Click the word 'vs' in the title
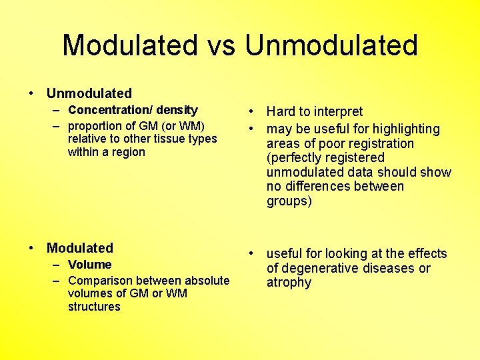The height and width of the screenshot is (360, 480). [221, 45]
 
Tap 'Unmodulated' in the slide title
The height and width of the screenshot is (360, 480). [331, 45]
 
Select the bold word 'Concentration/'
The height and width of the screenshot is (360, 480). [110, 110]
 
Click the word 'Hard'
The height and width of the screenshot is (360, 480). [281, 111]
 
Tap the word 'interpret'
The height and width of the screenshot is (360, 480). [337, 111]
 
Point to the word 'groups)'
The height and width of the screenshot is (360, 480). [289, 201]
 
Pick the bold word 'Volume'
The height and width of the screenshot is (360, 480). [89, 265]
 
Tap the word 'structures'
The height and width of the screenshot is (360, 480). [94, 307]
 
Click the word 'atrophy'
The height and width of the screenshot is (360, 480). [289, 283]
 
